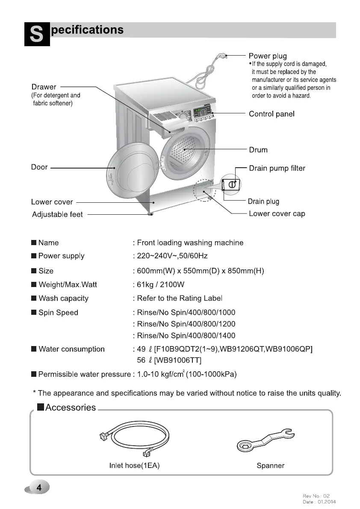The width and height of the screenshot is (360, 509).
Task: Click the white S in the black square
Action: [x=37, y=35]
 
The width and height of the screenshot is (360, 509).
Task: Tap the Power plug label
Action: [x=268, y=56]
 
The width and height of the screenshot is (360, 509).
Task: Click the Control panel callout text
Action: [x=271, y=114]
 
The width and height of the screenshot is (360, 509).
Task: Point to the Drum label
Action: [x=258, y=150]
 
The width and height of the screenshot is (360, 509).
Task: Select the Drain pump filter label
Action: [x=277, y=169]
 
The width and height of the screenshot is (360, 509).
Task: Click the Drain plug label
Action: [x=263, y=201]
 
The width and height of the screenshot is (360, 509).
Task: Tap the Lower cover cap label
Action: [x=277, y=213]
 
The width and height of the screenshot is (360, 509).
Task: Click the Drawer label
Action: [x=44, y=87]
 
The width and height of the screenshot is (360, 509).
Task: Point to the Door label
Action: [x=39, y=167]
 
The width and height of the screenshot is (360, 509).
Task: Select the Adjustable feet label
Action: [x=57, y=214]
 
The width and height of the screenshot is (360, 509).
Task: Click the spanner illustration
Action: [x=265, y=441]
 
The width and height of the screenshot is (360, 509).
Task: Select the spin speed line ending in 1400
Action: [x=186, y=336]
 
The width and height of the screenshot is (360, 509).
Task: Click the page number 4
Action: [x=39, y=488]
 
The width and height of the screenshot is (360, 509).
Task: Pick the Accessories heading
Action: [x=70, y=408]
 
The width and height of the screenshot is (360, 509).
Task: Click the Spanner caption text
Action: [x=270, y=466]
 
